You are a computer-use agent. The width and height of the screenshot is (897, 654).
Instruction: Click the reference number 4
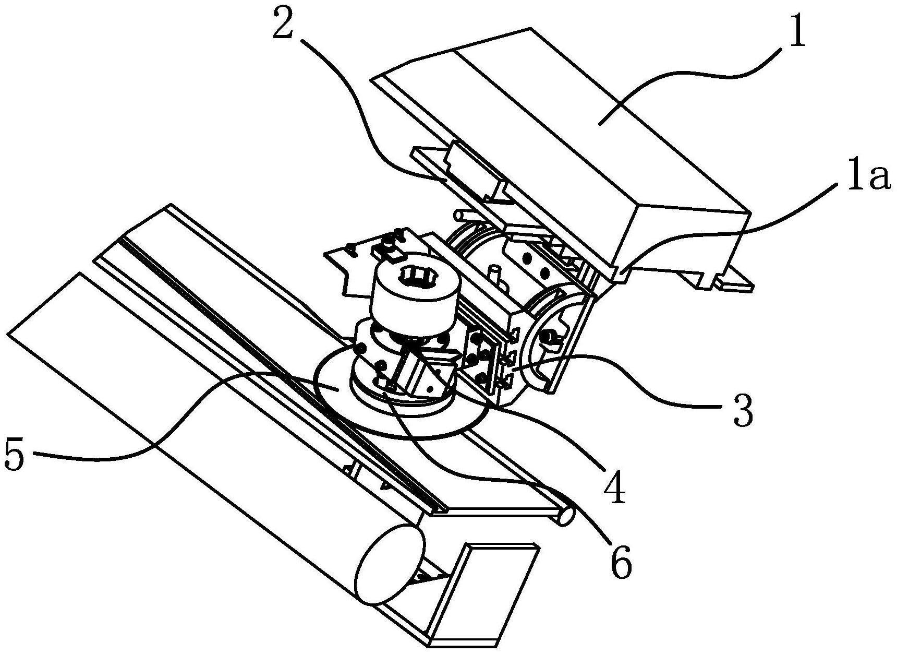click(616, 486)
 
